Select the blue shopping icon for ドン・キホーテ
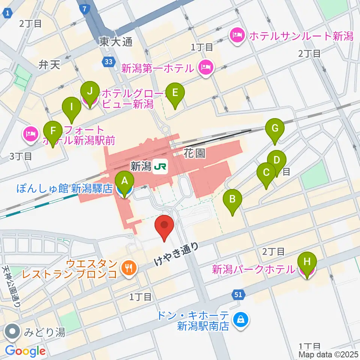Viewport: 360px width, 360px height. [x=238, y=319]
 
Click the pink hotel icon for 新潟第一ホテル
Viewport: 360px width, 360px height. [x=206, y=68]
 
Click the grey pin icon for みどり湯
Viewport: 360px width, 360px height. [x=13, y=332]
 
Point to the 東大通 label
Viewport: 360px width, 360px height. [x=116, y=42]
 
